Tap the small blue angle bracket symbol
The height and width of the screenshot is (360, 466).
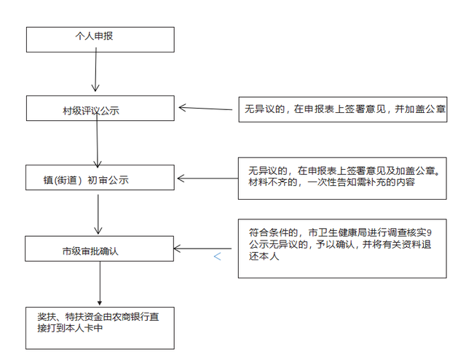click(x=217, y=257)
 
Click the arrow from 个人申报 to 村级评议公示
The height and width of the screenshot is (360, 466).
click(x=95, y=70)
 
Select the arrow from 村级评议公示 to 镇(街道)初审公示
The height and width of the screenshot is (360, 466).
click(x=97, y=141)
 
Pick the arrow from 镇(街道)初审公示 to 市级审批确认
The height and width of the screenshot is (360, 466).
click(x=98, y=214)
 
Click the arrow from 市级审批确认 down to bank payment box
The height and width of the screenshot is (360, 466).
click(x=100, y=283)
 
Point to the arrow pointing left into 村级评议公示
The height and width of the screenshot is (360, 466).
click(x=205, y=109)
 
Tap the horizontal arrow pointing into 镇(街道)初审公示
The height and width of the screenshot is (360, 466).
click(x=208, y=179)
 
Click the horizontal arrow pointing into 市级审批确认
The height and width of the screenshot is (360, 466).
click(x=202, y=249)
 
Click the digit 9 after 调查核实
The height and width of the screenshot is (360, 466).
click(x=429, y=232)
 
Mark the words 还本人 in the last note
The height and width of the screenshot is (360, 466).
click(x=264, y=257)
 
